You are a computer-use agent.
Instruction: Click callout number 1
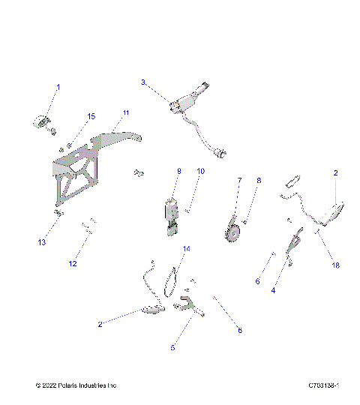point(58,88)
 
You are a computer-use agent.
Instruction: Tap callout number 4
point(273,289)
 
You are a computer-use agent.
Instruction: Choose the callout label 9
point(179,172)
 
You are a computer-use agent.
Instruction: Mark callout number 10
point(200,172)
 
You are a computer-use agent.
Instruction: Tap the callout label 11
point(126,112)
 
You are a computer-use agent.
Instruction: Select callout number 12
point(73,263)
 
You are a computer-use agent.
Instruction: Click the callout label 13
point(43,243)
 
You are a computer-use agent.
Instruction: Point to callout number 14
point(187,248)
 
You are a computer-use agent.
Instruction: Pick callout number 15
point(91,116)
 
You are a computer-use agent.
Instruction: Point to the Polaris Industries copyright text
point(76,385)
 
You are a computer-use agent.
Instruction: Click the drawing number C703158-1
point(324,385)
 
